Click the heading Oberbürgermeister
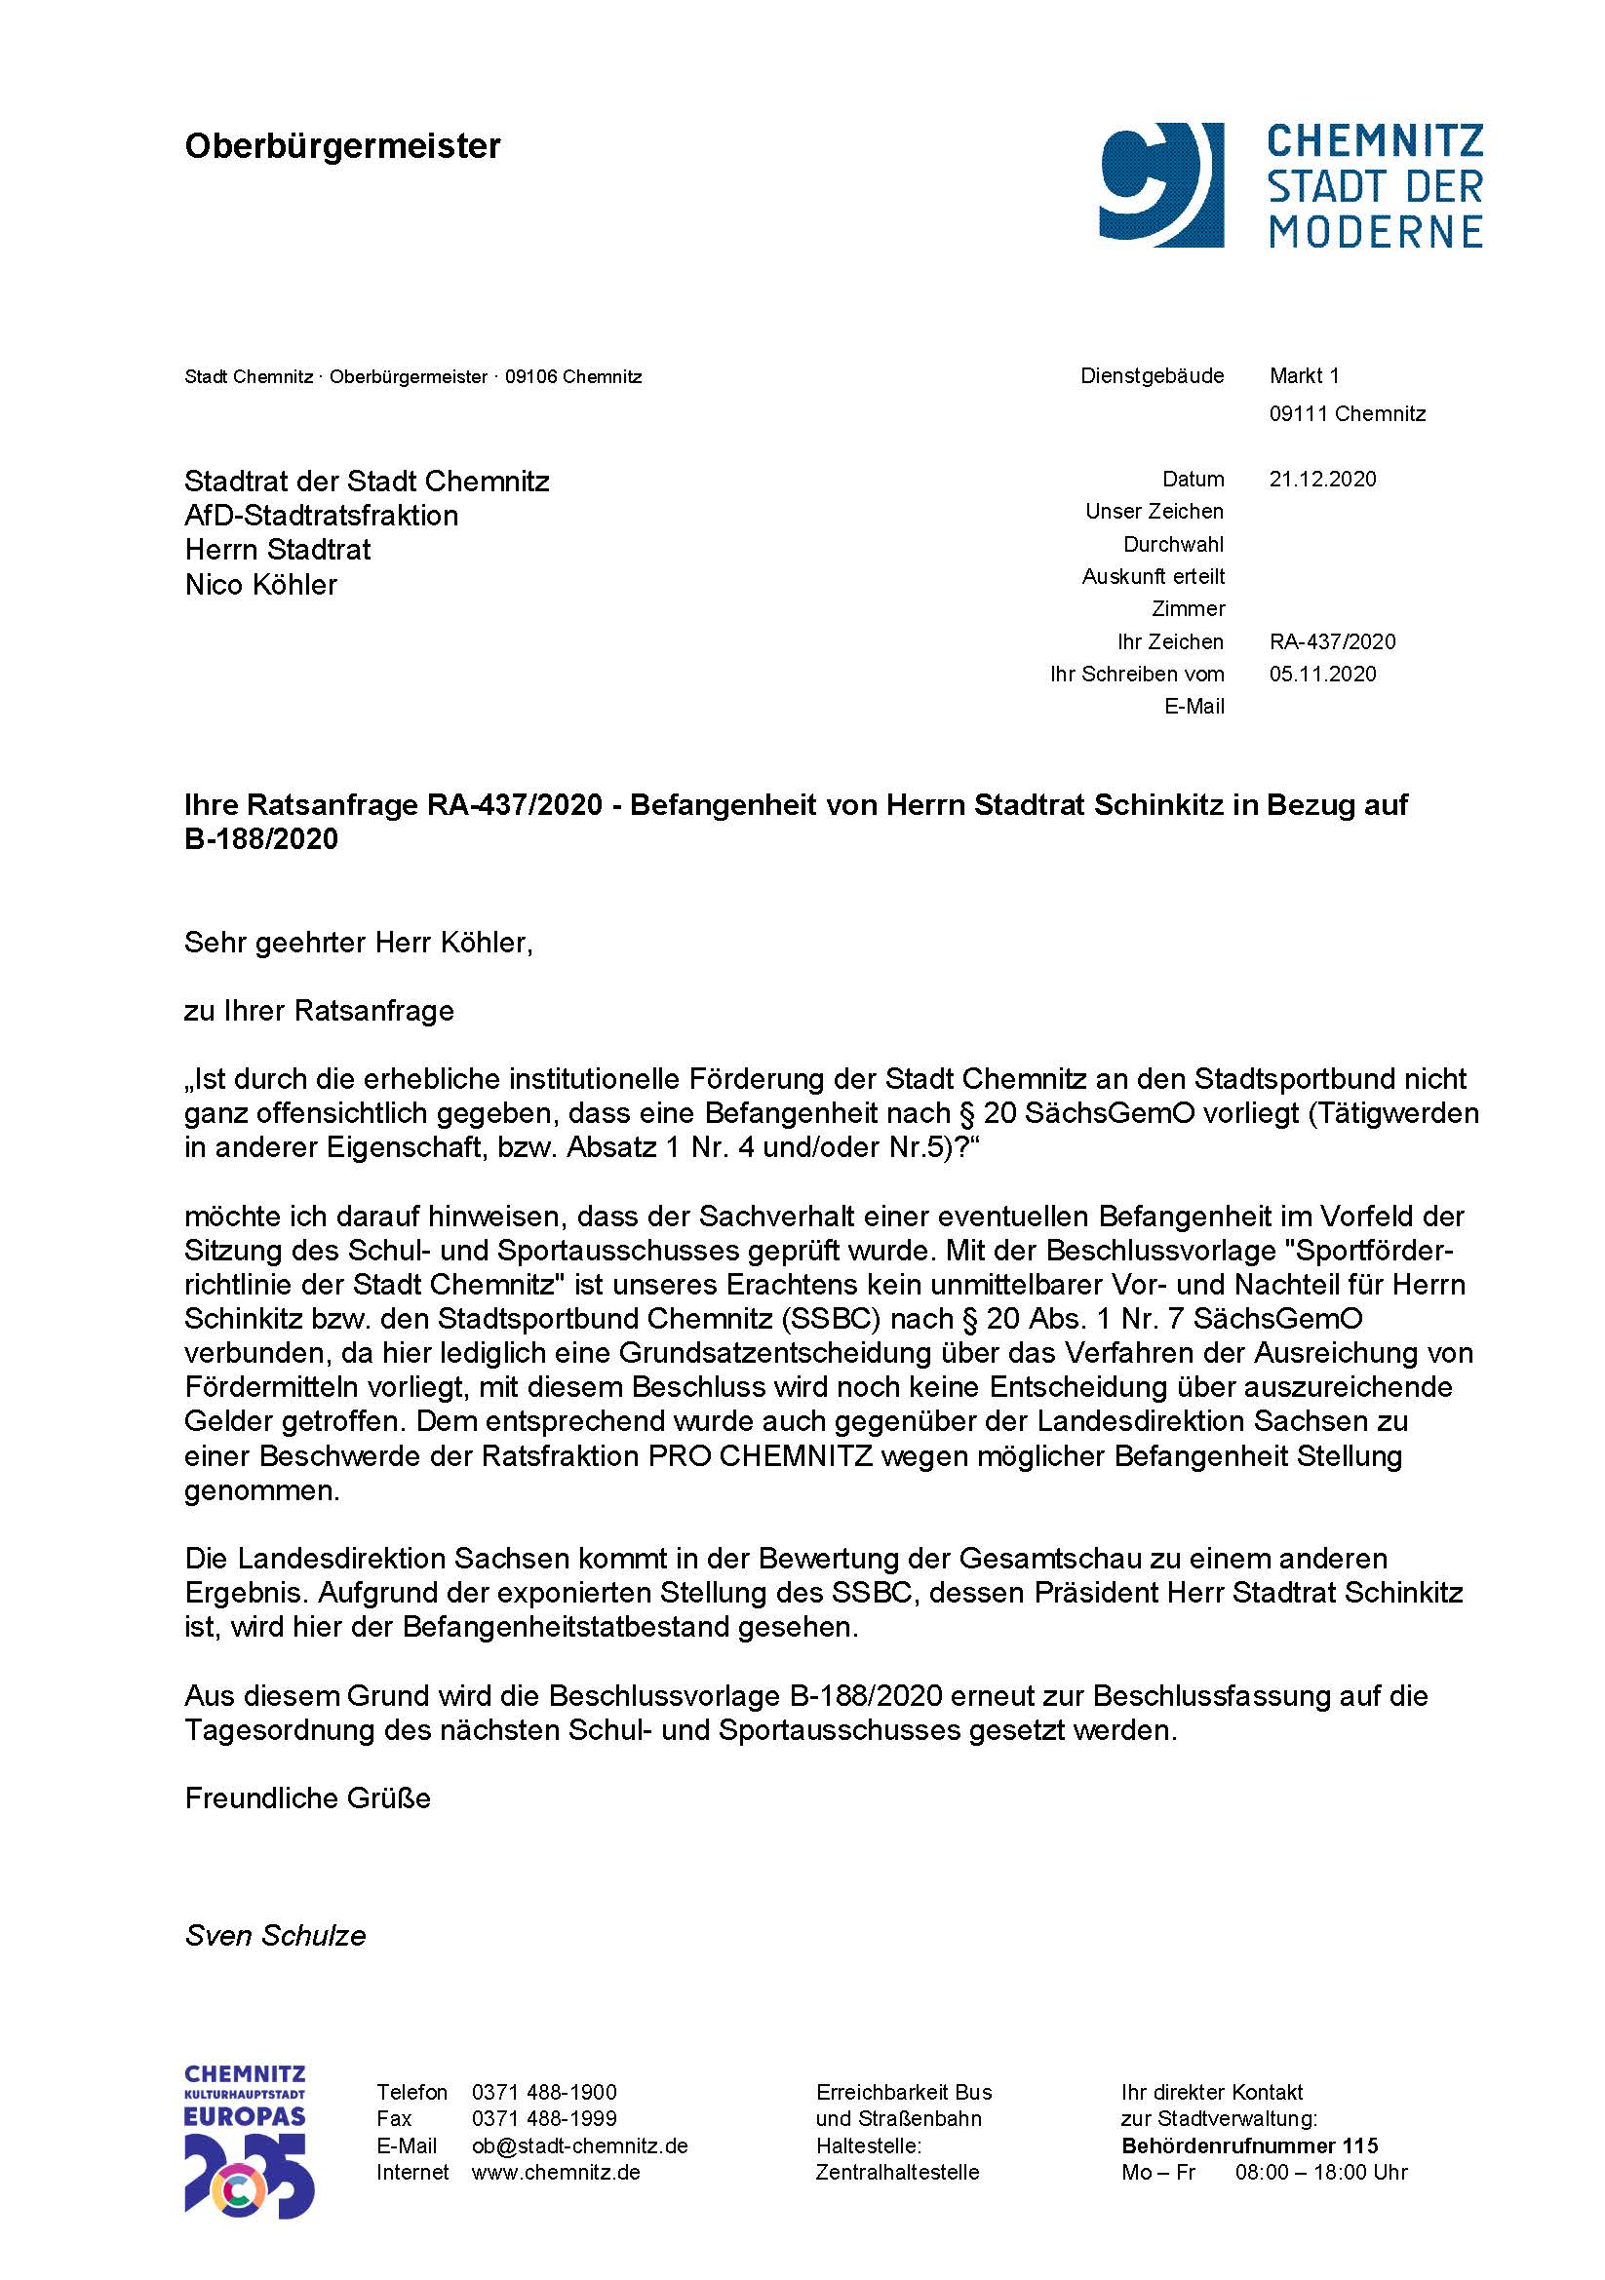coord(342,146)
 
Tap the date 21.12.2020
coord(1322,479)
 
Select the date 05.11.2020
coord(1322,674)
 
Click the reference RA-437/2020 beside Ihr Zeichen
coord(1332,641)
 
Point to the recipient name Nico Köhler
coord(261,584)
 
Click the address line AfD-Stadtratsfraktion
coord(321,516)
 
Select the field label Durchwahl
coord(1173,544)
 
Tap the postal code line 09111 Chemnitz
coord(1347,413)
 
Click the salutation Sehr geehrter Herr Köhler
coord(358,943)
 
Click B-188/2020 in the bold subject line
coord(261,839)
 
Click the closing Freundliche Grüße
coord(307,1798)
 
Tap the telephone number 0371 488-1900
coord(543,2092)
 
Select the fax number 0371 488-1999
coord(543,2118)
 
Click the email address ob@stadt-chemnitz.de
coord(579,2145)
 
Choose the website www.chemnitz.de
coord(555,2172)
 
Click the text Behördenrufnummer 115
coord(1249,2145)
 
